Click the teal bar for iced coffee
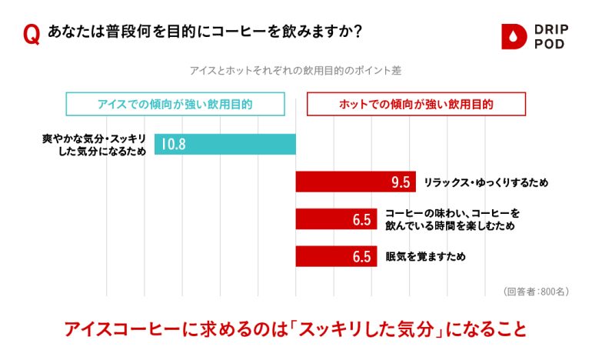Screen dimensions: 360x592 click(225, 144)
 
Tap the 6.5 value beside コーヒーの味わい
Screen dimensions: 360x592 click(362, 220)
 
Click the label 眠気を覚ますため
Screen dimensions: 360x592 click(425, 256)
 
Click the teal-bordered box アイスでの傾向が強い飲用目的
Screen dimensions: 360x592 click(175, 103)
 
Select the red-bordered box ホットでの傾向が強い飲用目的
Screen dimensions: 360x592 click(416, 103)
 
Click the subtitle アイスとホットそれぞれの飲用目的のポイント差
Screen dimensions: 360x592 click(296, 69)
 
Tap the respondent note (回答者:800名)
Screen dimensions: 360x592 click(536, 292)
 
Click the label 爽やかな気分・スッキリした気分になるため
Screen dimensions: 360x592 click(94, 144)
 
